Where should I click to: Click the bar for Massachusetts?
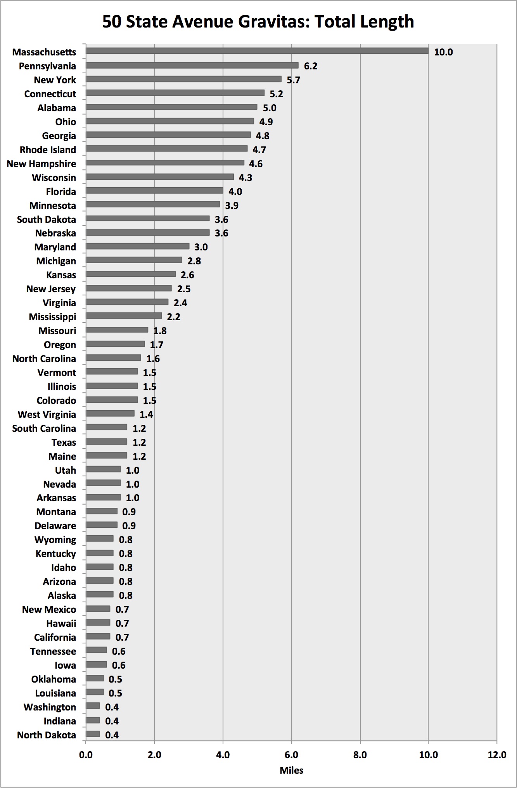(257, 51)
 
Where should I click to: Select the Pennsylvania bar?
(192, 65)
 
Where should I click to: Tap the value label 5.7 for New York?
(293, 80)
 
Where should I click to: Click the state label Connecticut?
(50, 94)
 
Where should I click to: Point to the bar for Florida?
(154, 191)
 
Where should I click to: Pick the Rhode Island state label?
(48, 150)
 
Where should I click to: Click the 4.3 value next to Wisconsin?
(245, 178)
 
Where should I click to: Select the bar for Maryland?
(137, 246)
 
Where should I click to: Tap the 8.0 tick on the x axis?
(360, 755)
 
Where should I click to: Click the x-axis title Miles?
(291, 770)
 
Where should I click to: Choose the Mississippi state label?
(52, 317)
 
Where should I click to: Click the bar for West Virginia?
(110, 414)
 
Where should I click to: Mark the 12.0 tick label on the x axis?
(496, 755)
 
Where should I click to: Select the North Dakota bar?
(93, 734)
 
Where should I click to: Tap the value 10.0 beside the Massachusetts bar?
(443, 52)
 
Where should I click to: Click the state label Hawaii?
(61, 623)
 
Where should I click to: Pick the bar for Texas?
(107, 441)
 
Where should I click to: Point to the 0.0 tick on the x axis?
(86, 755)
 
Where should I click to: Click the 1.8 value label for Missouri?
(160, 331)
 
